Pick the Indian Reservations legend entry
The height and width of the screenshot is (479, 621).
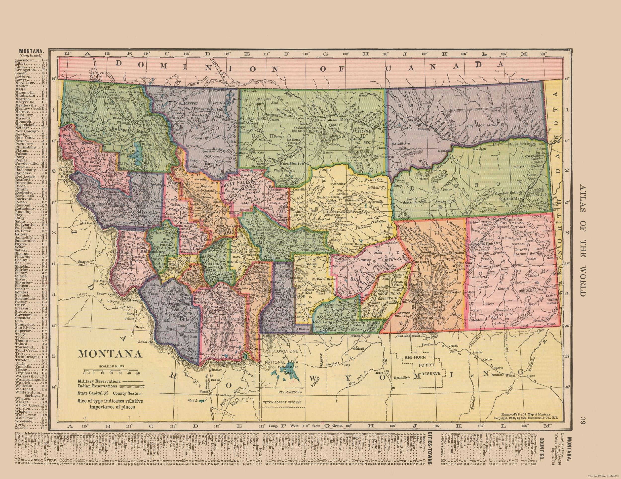[x=97, y=386]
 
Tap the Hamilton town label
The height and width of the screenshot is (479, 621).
[x=125, y=252]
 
